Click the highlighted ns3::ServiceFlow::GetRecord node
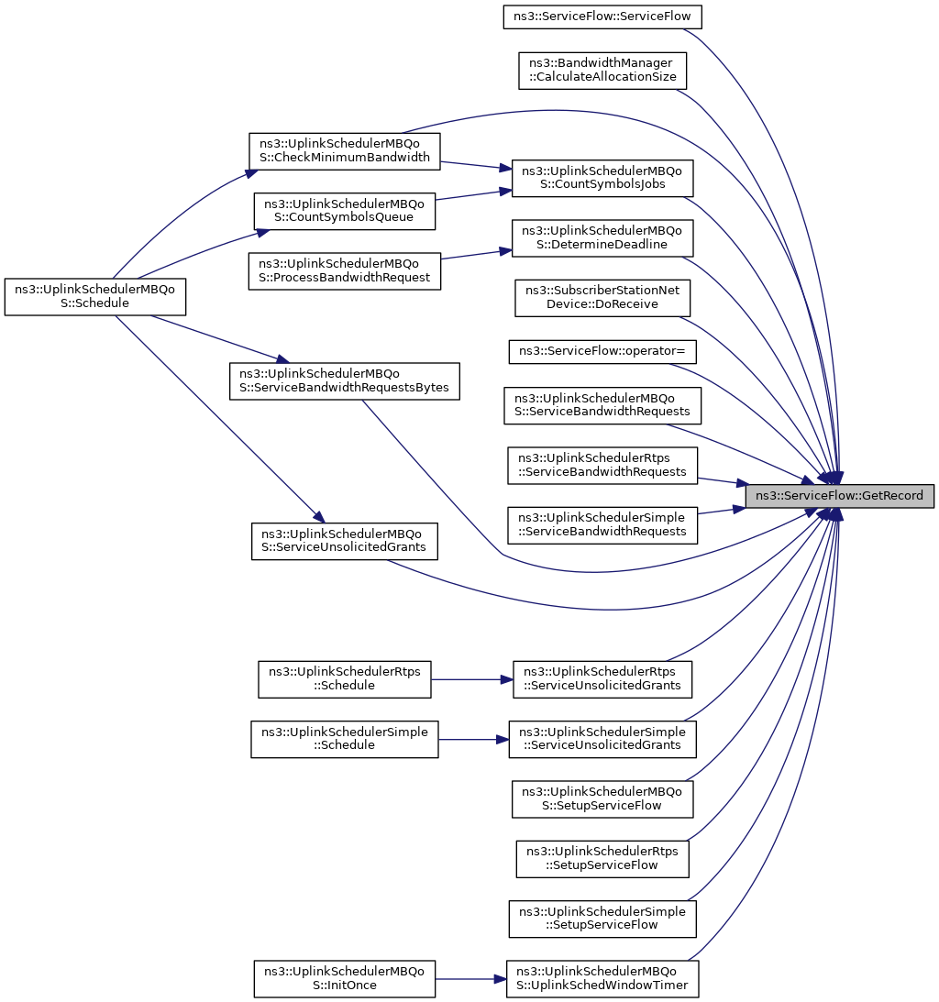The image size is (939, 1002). [839, 496]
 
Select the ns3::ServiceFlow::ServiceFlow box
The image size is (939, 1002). [602, 17]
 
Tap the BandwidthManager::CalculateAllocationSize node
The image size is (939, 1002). [602, 71]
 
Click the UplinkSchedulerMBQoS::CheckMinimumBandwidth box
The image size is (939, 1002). [345, 151]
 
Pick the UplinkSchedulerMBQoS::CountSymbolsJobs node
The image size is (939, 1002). [602, 178]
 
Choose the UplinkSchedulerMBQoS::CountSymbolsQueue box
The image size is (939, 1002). [345, 211]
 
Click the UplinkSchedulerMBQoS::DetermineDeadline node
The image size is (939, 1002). [602, 237]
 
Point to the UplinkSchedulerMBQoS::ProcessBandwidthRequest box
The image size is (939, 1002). [345, 271]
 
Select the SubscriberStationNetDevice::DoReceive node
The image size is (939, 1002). [602, 297]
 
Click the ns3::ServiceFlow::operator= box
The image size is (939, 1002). [602, 351]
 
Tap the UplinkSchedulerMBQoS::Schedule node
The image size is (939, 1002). [95, 296]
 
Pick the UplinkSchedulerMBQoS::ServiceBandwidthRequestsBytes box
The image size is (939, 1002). [345, 381]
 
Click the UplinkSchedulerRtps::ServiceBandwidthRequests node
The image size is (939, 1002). [602, 465]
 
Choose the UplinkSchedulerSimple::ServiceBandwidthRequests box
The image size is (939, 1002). [602, 525]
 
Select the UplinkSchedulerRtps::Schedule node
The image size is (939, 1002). [345, 679]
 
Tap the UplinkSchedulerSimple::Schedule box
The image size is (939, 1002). [345, 740]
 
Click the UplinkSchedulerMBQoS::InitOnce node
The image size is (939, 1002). [345, 978]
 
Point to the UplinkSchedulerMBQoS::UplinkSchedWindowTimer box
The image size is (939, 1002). [602, 978]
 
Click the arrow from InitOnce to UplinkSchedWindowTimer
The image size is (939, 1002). [470, 978]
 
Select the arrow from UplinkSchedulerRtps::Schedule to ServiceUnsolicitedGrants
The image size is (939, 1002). [471, 679]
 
